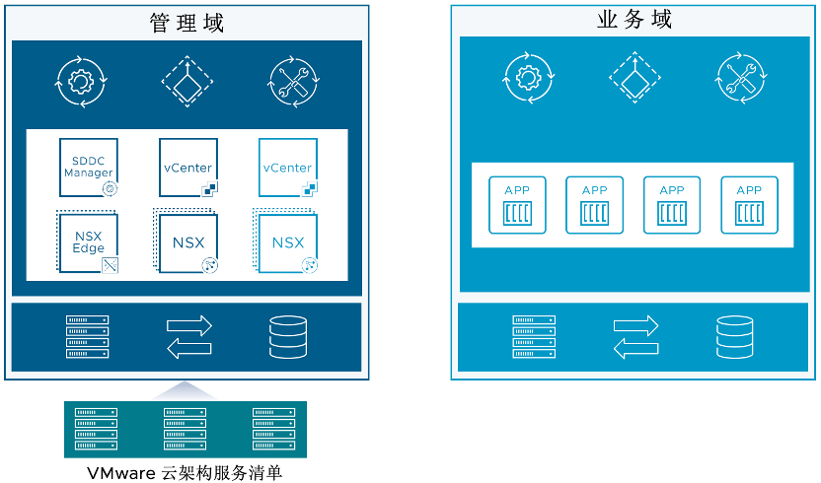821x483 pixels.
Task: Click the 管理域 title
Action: [x=187, y=23]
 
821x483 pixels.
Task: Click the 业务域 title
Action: [x=634, y=20]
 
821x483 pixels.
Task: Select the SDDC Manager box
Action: [x=89, y=168]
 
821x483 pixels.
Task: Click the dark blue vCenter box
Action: [x=187, y=168]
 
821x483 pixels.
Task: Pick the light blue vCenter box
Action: [x=287, y=168]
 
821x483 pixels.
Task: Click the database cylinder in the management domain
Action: [x=288, y=336]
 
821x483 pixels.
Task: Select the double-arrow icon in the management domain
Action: [x=188, y=336]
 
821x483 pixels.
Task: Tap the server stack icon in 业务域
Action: [x=534, y=336]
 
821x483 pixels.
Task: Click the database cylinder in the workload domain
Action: [x=734, y=336]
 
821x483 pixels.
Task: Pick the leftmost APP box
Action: [x=517, y=205]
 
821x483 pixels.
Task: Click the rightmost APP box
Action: [x=749, y=205]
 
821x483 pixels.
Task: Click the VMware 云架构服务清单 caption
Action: [x=186, y=473]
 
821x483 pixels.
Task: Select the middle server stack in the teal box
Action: [x=186, y=429]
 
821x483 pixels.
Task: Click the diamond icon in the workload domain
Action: [x=632, y=79]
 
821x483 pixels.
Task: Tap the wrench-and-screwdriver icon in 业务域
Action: [x=739, y=79]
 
